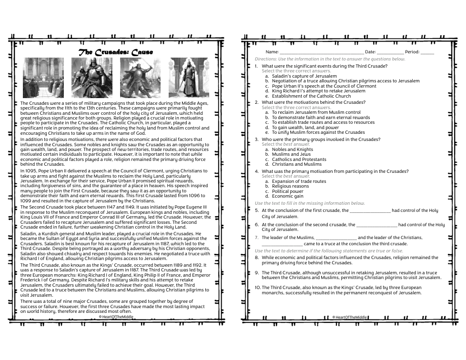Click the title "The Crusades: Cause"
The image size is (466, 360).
[116, 52]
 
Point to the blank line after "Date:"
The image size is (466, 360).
[390, 52]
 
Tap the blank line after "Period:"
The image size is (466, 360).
[427, 52]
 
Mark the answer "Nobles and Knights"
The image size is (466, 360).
[292, 150]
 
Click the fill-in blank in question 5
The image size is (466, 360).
[370, 211]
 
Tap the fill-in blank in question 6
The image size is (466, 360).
[376, 225]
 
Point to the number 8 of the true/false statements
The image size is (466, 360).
[257, 258]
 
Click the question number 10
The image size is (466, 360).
[257, 288]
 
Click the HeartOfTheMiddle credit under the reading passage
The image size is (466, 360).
[116, 316]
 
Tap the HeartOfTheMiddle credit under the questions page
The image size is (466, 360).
[350, 317]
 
